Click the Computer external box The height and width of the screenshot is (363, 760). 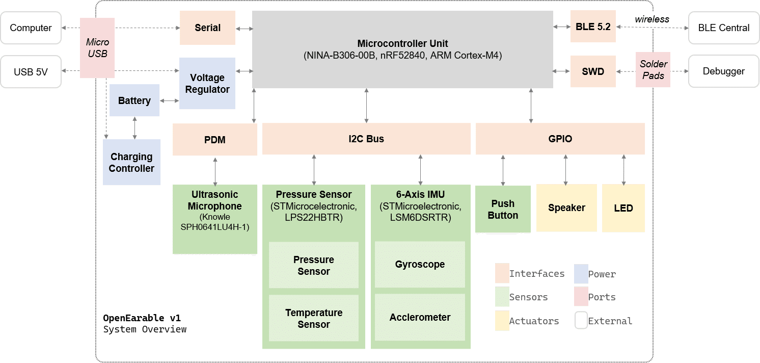point(31,28)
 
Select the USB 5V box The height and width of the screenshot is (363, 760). point(31,72)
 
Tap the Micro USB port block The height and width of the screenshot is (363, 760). point(97,48)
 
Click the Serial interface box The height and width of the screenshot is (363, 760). point(207,28)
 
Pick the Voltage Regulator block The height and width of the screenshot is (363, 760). point(207,83)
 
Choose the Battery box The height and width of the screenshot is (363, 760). point(134,100)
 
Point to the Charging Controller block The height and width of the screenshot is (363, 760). point(131,162)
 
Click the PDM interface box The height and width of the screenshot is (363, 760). point(215,139)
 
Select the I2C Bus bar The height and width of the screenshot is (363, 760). point(366,139)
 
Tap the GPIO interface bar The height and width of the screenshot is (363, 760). point(560,139)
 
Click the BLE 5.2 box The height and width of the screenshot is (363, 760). point(593,27)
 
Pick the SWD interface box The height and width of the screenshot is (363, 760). point(593,71)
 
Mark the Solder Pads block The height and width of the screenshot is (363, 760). point(653,70)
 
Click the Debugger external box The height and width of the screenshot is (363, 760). point(723,71)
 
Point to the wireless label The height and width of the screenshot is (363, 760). point(652,20)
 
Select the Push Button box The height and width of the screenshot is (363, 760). point(503,209)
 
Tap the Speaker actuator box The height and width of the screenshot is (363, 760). point(566,208)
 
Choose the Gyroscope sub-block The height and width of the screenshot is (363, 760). point(420,265)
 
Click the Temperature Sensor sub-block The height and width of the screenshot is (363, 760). point(314,318)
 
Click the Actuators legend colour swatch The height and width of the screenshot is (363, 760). point(502,321)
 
